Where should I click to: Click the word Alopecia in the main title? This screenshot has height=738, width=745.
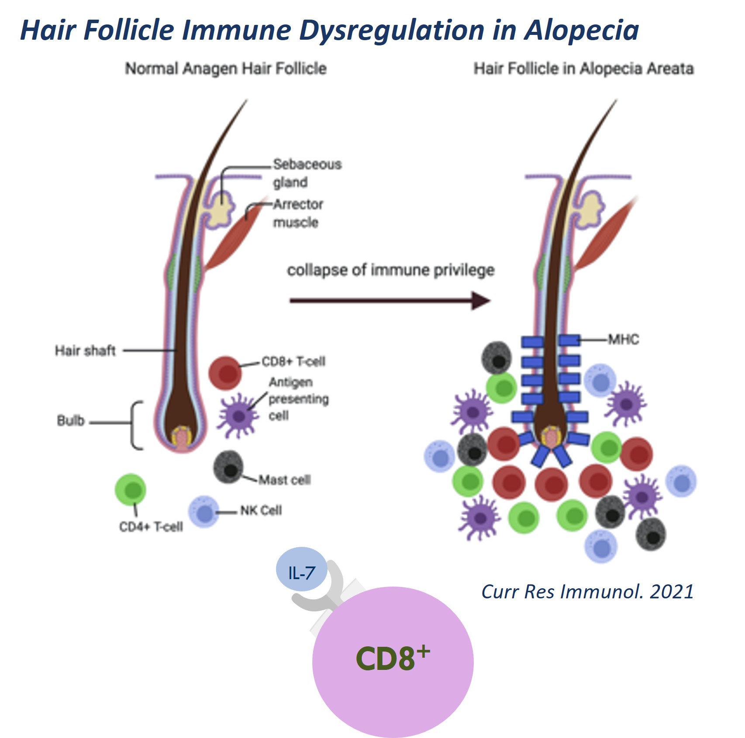[x=582, y=31]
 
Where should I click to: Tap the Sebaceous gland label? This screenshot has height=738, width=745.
[x=307, y=173]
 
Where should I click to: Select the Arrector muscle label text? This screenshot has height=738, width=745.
[x=298, y=213]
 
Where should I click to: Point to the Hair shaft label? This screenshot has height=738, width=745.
[x=85, y=350]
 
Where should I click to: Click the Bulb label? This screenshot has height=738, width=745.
[x=70, y=421]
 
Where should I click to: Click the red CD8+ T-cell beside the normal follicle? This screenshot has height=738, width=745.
[x=225, y=373]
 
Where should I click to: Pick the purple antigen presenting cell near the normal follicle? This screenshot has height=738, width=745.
[x=238, y=415]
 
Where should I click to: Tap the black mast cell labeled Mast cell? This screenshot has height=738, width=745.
[x=228, y=467]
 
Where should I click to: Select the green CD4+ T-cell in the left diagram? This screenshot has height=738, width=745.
[x=131, y=490]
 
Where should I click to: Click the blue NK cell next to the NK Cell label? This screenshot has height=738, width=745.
[x=203, y=512]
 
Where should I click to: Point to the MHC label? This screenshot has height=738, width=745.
[x=623, y=340]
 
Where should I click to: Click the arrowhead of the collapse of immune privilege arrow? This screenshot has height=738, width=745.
[x=481, y=301]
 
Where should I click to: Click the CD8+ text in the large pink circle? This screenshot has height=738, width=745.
[x=392, y=658]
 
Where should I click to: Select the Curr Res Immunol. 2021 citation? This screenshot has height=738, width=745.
[x=587, y=592]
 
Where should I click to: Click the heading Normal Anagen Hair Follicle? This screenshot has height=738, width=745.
[x=226, y=69]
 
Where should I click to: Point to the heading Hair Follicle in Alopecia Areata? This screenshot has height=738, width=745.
[x=584, y=69]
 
